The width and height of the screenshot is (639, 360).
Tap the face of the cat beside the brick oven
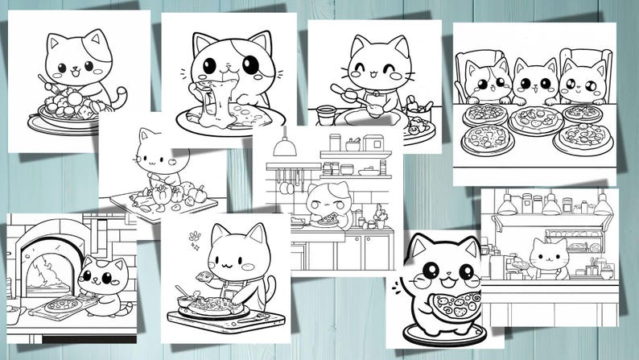point(102,279)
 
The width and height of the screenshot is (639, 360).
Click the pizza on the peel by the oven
point(63,304)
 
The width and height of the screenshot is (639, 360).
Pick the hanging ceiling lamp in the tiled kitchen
point(282,147)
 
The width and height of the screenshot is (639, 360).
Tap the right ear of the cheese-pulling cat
point(258,44)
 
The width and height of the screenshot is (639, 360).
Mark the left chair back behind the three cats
point(476,64)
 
